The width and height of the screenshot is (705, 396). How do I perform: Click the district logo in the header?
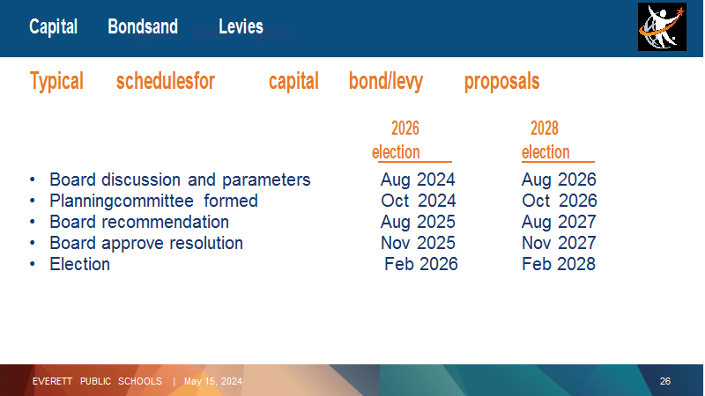662,27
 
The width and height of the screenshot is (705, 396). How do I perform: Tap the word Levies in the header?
241,27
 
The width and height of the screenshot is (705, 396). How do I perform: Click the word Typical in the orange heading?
56,82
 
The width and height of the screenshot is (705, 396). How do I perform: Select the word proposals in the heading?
501,82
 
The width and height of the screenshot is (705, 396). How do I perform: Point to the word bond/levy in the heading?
386,82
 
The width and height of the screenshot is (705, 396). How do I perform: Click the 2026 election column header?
405,140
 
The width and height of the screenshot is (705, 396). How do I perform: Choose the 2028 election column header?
545,140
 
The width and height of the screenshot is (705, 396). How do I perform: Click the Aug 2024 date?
418,180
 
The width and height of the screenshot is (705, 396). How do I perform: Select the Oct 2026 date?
560,201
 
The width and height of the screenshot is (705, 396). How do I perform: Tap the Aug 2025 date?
418,222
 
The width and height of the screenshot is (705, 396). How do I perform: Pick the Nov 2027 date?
559,243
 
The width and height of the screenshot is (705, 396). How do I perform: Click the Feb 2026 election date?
421,264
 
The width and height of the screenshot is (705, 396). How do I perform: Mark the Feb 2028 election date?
559,264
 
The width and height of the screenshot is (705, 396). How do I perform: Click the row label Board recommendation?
139,222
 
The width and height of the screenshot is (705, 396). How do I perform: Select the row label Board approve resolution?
146,243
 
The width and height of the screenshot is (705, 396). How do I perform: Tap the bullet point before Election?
33,264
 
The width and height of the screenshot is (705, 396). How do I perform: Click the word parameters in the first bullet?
266,180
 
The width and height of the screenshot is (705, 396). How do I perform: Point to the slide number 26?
665,381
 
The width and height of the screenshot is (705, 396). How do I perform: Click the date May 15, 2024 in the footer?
212,381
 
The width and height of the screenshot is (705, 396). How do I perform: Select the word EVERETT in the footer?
52,381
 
